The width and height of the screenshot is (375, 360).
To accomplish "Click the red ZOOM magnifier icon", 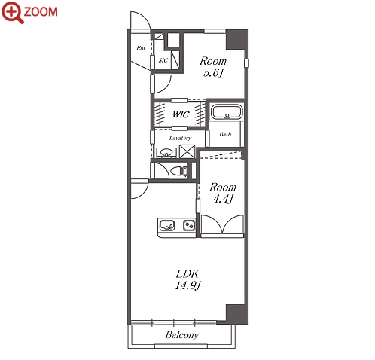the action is (12, 12).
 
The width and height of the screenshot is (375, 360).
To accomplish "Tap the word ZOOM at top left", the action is (41, 12).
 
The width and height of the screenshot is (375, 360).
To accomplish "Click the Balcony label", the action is (182, 335).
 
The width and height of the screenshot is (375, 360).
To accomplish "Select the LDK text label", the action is (187, 273).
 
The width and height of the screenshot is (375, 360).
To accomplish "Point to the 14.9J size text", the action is (188, 285).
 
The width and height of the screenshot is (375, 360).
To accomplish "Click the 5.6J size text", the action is (213, 73).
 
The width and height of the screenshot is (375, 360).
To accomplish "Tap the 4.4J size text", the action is (223, 199).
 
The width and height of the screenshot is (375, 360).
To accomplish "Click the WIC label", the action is (181, 114).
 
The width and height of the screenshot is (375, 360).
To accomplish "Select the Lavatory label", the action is (180, 138).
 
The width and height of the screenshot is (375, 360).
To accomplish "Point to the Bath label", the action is (225, 134).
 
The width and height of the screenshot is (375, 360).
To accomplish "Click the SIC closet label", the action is (163, 60).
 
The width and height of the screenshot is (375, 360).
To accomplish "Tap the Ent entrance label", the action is (141, 48).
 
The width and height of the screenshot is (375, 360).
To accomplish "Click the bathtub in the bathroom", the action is (227, 112).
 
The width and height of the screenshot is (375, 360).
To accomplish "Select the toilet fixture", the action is (178, 171).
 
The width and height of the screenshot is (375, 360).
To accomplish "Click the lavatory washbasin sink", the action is (166, 153).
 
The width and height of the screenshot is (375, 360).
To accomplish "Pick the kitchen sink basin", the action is (166, 225).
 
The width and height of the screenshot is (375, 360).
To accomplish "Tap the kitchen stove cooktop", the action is (189, 225).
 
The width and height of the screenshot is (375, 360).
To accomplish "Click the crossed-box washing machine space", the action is (187, 151).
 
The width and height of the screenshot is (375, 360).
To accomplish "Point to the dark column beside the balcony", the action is (237, 314).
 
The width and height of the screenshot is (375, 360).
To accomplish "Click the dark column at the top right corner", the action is (237, 39).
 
